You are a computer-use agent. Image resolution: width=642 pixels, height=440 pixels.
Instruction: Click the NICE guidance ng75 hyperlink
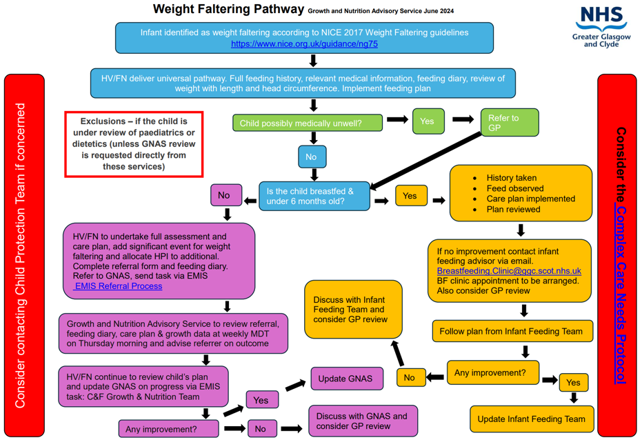click(x=304, y=43)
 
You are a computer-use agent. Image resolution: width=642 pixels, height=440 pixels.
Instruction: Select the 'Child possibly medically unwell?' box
click(x=307, y=123)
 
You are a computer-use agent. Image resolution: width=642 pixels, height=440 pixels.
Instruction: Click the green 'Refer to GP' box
click(x=509, y=122)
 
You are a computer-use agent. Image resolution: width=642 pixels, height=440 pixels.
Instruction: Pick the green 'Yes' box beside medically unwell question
click(x=428, y=121)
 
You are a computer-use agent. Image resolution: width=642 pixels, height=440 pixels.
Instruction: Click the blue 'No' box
click(x=312, y=157)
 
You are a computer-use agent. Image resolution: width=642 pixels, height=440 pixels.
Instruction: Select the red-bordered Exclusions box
click(x=134, y=143)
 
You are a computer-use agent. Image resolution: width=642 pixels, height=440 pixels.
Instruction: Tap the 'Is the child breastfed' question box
click(x=314, y=196)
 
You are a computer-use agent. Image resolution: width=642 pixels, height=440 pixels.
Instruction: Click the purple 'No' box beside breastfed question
click(x=224, y=195)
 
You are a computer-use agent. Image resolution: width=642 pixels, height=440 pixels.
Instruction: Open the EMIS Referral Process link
click(x=118, y=286)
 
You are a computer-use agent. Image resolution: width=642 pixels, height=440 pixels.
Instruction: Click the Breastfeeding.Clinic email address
click(x=509, y=271)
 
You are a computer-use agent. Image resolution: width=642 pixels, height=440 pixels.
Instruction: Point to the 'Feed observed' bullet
click(x=514, y=188)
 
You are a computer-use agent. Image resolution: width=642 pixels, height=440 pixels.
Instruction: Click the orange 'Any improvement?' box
click(x=492, y=373)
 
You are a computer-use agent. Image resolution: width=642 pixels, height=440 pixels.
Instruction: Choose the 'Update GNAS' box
click(x=346, y=379)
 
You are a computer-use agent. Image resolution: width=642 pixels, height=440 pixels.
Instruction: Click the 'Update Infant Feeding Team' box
click(x=530, y=419)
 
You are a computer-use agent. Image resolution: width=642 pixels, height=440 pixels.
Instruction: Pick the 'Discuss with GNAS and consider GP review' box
click(x=363, y=421)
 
